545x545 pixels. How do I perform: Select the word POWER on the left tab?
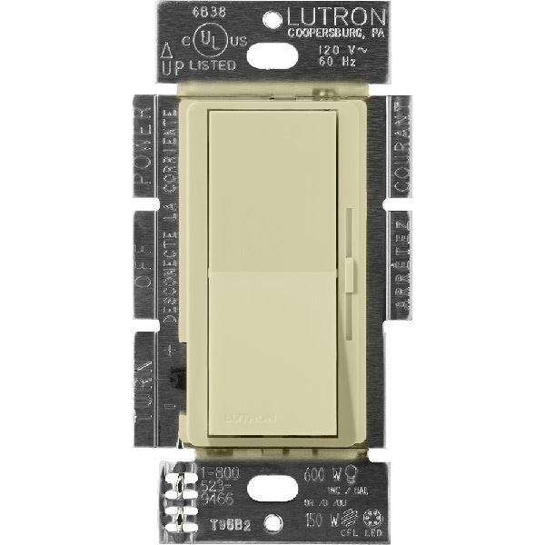(x=143, y=145)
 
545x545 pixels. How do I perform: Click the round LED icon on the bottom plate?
(x=372, y=517)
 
